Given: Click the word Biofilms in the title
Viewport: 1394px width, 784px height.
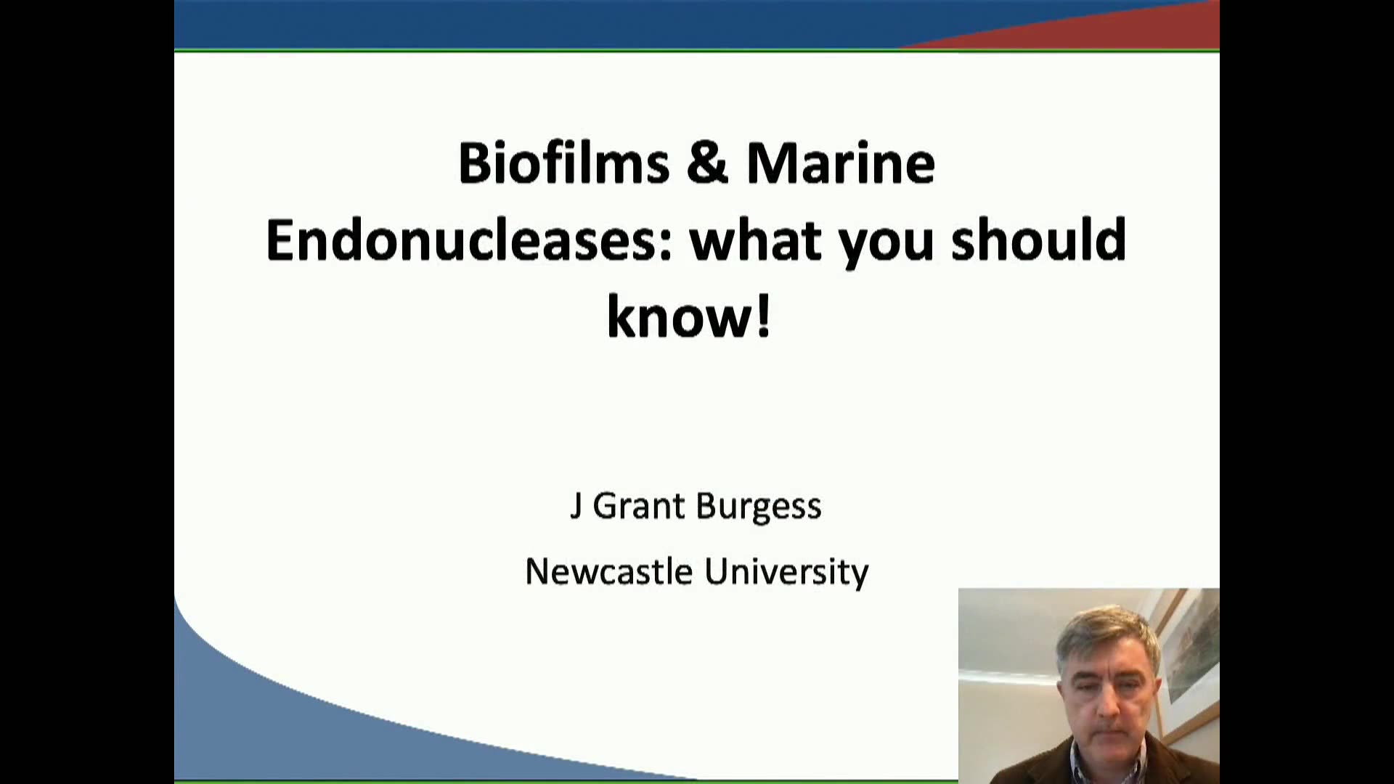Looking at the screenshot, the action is pyautogui.click(x=563, y=162).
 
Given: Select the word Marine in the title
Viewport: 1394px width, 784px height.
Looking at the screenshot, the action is pyautogui.click(x=841, y=162).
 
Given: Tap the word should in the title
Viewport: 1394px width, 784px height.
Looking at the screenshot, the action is pyautogui.click(x=1039, y=240).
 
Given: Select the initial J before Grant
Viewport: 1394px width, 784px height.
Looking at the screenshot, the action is pyautogui.click(x=575, y=506).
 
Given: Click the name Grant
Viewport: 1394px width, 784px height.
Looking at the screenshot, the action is pyautogui.click(x=640, y=506).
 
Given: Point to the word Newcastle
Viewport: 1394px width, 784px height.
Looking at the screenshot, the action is pyautogui.click(x=608, y=571).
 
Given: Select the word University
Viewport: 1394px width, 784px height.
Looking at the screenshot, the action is pyautogui.click(x=786, y=573).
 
